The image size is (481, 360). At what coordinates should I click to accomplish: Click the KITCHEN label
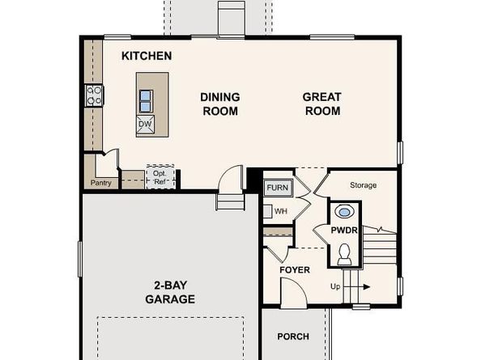[x=147, y=56]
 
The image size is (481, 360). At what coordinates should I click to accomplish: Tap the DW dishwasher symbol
[x=145, y=125]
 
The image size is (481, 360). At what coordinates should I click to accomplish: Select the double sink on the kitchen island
[x=146, y=101]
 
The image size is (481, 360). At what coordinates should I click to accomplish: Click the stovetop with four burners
[x=94, y=95]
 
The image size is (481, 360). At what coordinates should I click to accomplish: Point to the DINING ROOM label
[x=220, y=104]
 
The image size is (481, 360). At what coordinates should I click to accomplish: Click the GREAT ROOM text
[x=322, y=104]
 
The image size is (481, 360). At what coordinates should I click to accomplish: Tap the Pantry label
[x=101, y=183]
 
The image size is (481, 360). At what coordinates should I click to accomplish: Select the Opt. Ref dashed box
[x=160, y=177]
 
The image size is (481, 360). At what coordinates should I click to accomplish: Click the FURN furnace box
[x=278, y=188]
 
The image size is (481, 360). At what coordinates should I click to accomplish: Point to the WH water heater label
[x=281, y=211]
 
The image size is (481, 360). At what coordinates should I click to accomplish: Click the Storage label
[x=364, y=185]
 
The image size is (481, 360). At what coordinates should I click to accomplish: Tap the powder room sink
[x=344, y=212]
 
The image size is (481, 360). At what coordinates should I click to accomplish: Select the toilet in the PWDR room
[x=344, y=254]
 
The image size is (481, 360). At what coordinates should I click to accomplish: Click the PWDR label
[x=344, y=230]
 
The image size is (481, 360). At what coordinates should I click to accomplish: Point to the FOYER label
[x=295, y=270]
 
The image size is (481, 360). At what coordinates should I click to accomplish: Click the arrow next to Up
[x=356, y=287]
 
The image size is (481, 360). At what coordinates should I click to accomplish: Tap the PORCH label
[x=293, y=337]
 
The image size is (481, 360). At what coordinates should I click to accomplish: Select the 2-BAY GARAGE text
[x=170, y=292]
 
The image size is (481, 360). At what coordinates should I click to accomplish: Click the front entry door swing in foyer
[x=294, y=293]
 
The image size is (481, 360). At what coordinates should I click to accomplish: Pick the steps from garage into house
[x=230, y=202]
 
